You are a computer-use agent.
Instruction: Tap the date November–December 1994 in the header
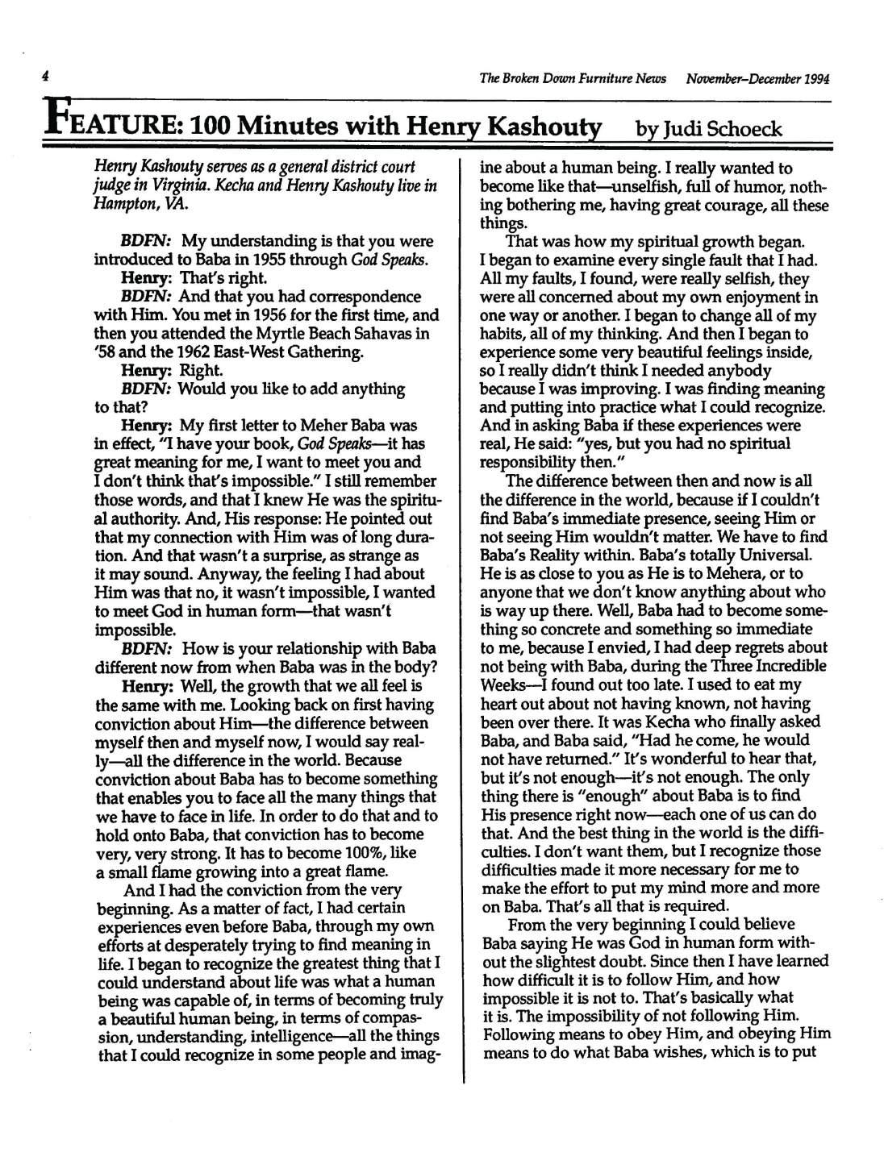coord(758,79)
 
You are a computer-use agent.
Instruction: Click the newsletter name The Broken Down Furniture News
coord(573,79)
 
